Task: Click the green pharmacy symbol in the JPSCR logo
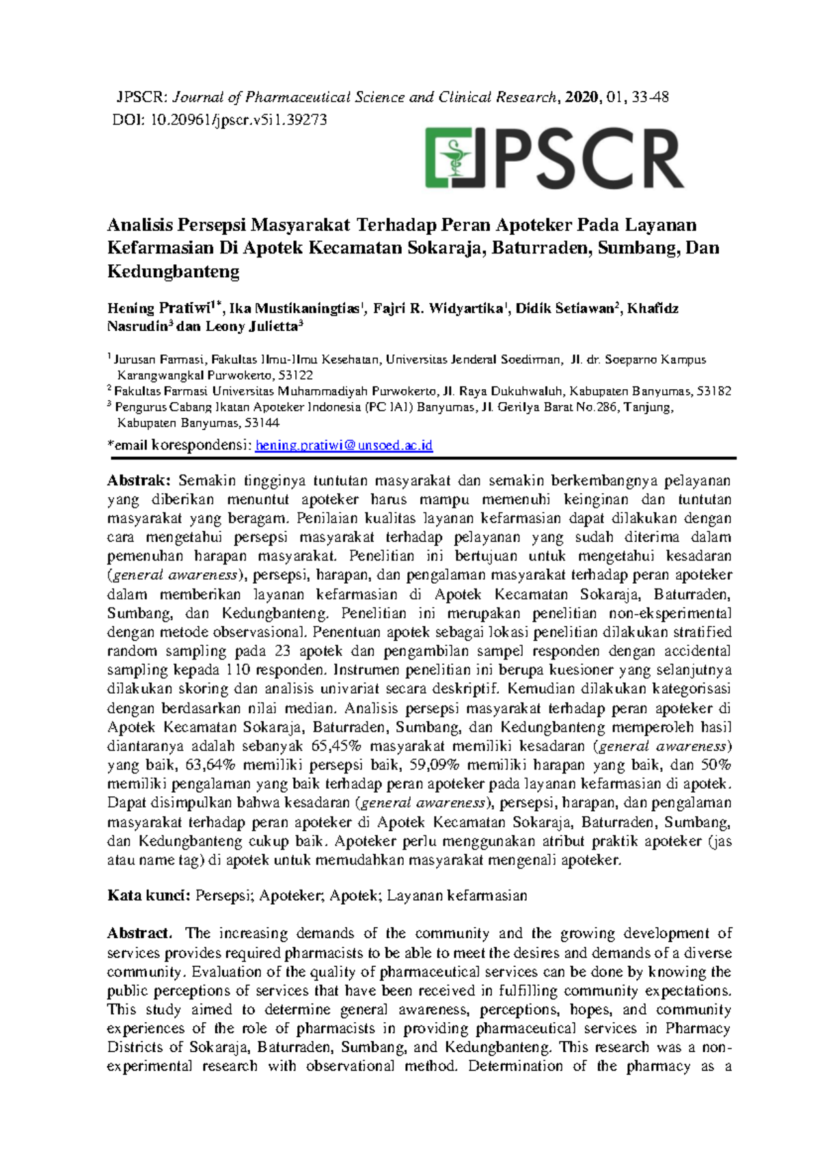(450, 158)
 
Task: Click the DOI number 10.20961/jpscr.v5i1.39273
(238, 120)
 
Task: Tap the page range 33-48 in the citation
(651, 97)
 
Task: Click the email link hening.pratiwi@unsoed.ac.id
(344, 445)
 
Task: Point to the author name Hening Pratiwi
(159, 308)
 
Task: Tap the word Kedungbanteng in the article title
(174, 272)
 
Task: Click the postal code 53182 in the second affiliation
(713, 391)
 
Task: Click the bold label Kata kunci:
(148, 895)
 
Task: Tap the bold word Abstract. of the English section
(140, 933)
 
